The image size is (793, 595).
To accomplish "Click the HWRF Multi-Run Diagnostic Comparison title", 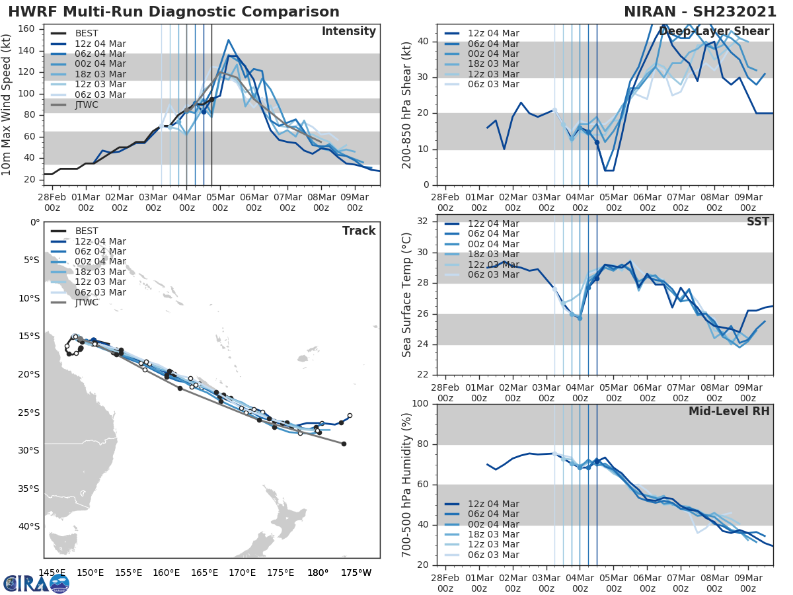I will [x=174, y=12].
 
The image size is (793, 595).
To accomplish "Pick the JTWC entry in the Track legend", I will [x=86, y=303].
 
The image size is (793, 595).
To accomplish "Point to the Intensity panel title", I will [x=348, y=32].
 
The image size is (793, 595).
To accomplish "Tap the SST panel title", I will [x=757, y=221].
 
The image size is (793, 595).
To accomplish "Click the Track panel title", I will [x=359, y=231].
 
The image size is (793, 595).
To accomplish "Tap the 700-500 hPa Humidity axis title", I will [x=407, y=484].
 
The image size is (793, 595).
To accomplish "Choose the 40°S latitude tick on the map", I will [x=28, y=527].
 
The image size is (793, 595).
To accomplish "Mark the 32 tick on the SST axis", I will [x=422, y=221].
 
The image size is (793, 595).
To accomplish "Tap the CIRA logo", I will [x=36, y=583].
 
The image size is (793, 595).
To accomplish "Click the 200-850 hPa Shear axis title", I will [x=407, y=104].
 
